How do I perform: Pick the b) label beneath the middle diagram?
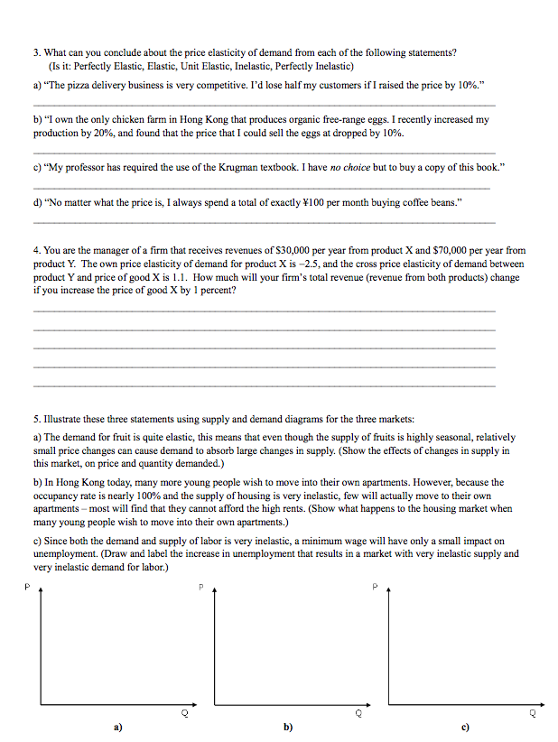[288, 726]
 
